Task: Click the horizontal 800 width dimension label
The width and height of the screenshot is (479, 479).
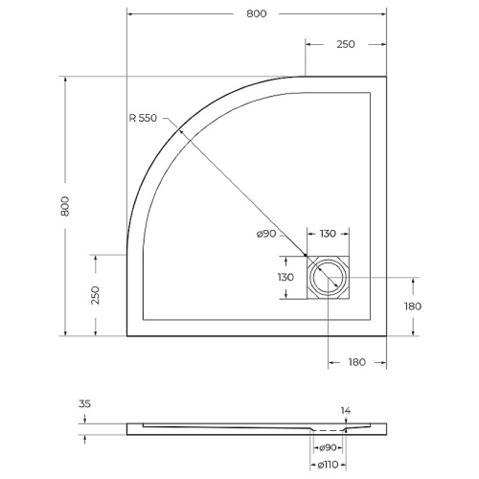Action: point(255,13)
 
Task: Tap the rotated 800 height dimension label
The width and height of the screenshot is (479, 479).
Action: point(64,206)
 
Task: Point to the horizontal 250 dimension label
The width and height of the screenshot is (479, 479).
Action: point(345,44)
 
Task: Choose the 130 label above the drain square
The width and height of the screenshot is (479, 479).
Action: point(327,235)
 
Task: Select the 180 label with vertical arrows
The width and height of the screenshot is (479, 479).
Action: point(413,306)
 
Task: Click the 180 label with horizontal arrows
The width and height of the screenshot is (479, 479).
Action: point(356,363)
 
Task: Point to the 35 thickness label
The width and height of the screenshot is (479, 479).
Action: point(84,404)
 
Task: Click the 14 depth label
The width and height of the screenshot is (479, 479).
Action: point(346,411)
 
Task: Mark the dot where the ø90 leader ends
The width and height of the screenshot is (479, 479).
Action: point(306,256)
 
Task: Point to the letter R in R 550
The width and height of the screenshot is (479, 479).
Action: point(132,118)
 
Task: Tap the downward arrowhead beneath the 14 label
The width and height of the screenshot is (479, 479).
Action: point(346,422)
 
